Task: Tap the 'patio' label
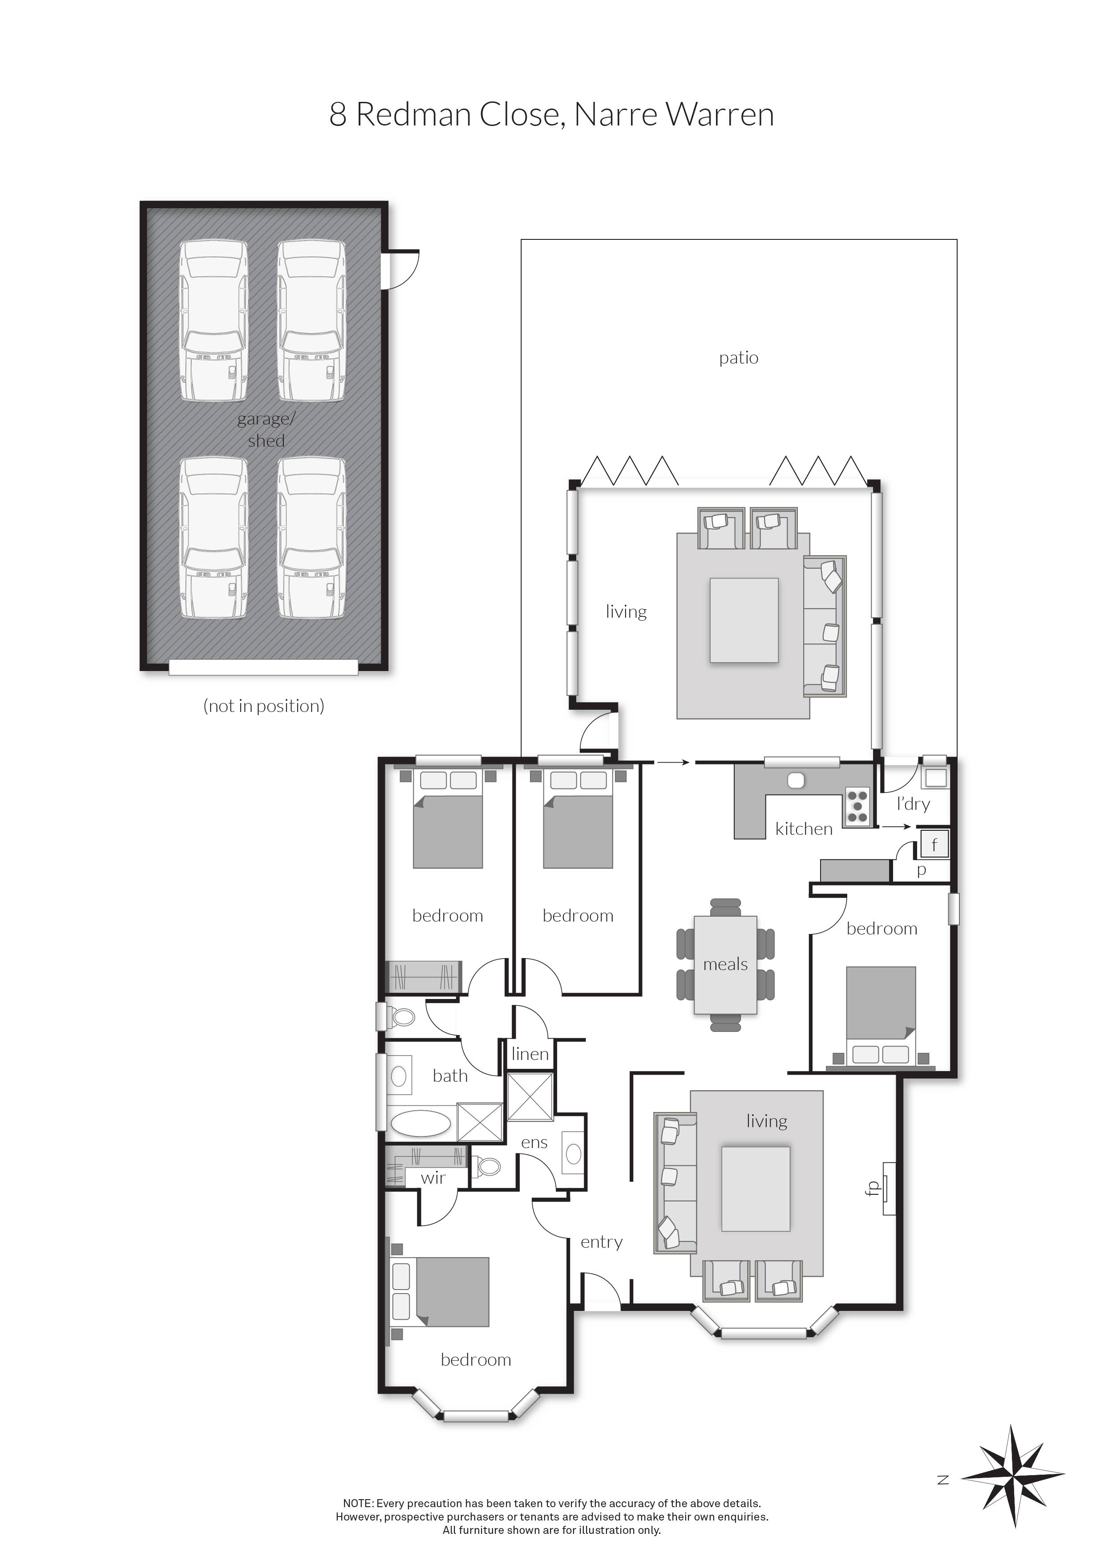pos(738,358)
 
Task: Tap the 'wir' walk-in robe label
pos(433,1177)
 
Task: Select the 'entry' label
pos(601,1242)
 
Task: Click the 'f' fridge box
pos(934,845)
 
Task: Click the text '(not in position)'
pos(264,706)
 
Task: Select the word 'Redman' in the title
pos(413,114)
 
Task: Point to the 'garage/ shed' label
pos(266,430)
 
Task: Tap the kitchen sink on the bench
pos(795,780)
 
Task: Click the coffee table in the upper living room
pos(744,620)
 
